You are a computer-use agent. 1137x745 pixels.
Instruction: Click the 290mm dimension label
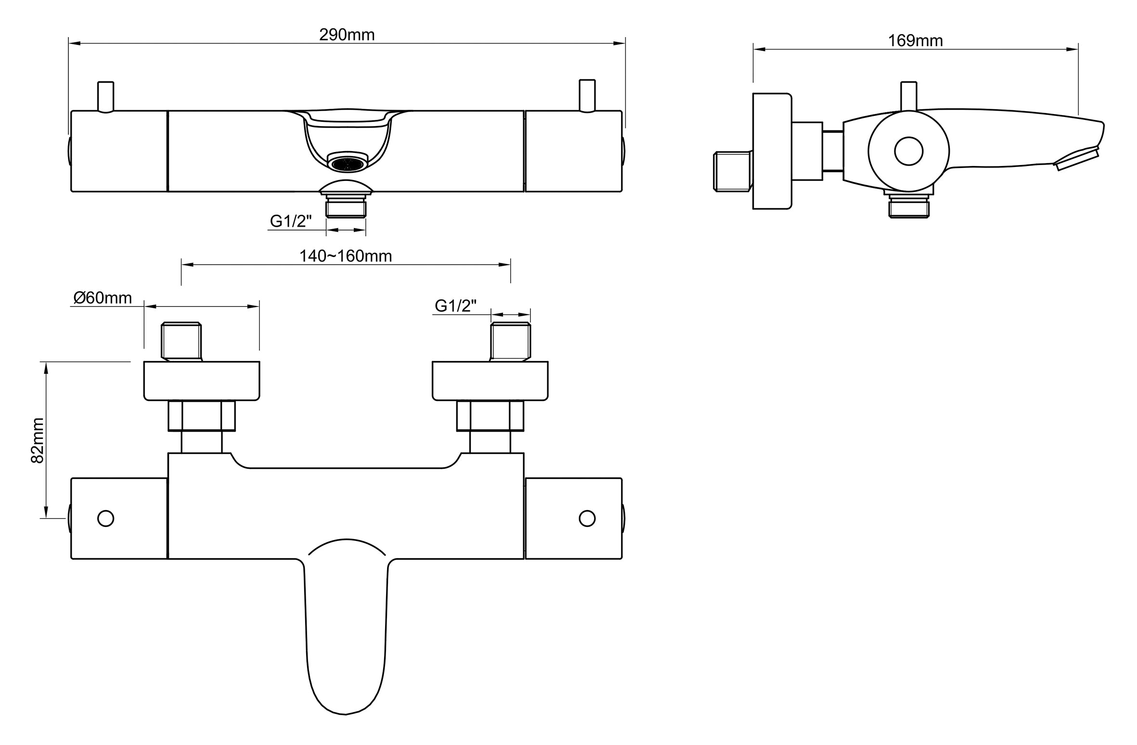pos(347,35)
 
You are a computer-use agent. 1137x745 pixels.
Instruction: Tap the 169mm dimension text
pos(915,41)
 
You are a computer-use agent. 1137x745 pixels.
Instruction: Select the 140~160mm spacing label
pos(346,256)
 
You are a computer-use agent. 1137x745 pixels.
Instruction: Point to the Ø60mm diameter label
pos(103,298)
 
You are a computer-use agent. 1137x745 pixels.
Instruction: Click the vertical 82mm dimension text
pos(38,440)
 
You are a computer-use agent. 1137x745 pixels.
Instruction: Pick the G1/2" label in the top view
pos(291,221)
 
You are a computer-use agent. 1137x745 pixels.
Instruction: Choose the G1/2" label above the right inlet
pos(455,306)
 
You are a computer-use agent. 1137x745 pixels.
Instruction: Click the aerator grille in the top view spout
pos(346,164)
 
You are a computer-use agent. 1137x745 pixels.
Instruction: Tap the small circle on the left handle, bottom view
pos(105,518)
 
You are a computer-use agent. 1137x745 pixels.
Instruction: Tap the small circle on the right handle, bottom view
pos(587,518)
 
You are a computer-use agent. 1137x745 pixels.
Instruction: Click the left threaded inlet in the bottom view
pos(181,341)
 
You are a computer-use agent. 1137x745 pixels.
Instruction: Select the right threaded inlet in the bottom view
pos(510,342)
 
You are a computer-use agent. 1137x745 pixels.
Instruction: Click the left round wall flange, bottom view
pos(202,381)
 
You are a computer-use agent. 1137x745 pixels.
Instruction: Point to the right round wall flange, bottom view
pos(490,381)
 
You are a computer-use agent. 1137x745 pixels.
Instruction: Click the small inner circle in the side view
pos(908,151)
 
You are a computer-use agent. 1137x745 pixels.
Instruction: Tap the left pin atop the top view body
pos(105,96)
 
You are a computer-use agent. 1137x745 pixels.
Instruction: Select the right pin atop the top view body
pos(587,95)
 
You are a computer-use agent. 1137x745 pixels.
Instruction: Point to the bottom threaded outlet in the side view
pos(908,207)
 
